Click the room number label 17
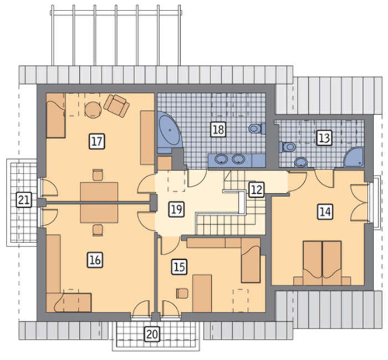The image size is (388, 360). [97, 141]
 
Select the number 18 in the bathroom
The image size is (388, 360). [218, 129]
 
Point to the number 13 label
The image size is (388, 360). [324, 138]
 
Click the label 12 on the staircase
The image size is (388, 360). [257, 189]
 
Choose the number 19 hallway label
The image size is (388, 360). [177, 209]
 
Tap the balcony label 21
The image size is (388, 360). [24, 200]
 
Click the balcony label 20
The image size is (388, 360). [152, 335]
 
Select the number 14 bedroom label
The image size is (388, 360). [325, 212]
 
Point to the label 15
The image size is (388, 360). [180, 267]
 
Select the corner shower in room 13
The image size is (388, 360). [354, 157]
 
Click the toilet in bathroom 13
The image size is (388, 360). [288, 147]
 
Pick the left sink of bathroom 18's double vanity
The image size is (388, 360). [222, 159]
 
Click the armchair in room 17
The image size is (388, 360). [116, 105]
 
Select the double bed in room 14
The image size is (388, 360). [322, 263]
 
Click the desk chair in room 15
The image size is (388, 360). [182, 293]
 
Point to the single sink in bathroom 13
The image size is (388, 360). [301, 162]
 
